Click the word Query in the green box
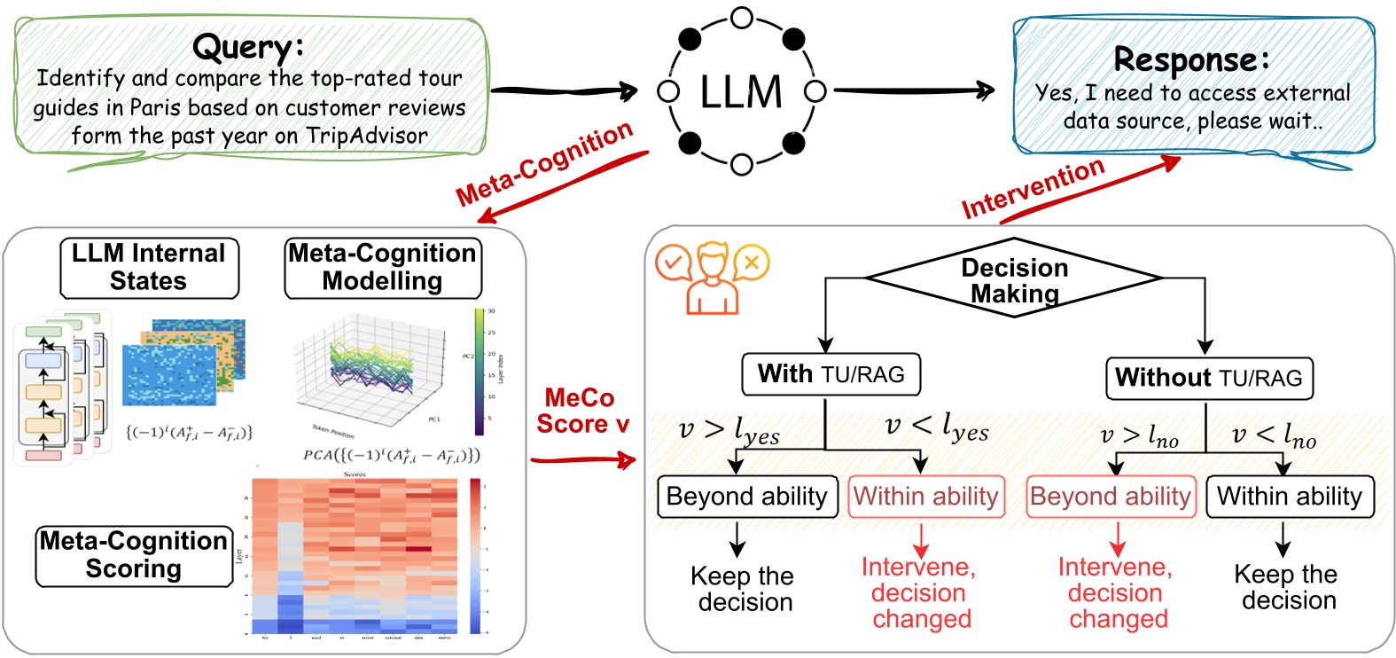pyautogui.click(x=247, y=47)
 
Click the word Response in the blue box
pyautogui.click(x=1190, y=59)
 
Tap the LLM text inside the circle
pyautogui.click(x=741, y=91)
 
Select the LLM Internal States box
pyautogui.click(x=149, y=267)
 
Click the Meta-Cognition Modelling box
pyautogui.click(x=382, y=267)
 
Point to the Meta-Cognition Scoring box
pyautogui.click(x=134, y=555)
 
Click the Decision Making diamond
pyautogui.click(x=1014, y=280)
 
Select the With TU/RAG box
pyautogui.click(x=831, y=374)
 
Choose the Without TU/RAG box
pyautogui.click(x=1209, y=378)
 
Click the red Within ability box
pyautogui.click(x=925, y=497)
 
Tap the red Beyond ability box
pyautogui.click(x=1110, y=497)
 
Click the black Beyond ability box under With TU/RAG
pyautogui.click(x=746, y=497)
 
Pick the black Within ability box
pyautogui.click(x=1289, y=497)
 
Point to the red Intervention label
pyautogui.click(x=1033, y=188)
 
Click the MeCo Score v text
pyautogui.click(x=581, y=411)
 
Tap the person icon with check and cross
pyautogui.click(x=711, y=278)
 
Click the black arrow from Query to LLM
pyautogui.click(x=564, y=90)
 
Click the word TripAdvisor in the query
pyautogui.click(x=366, y=136)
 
